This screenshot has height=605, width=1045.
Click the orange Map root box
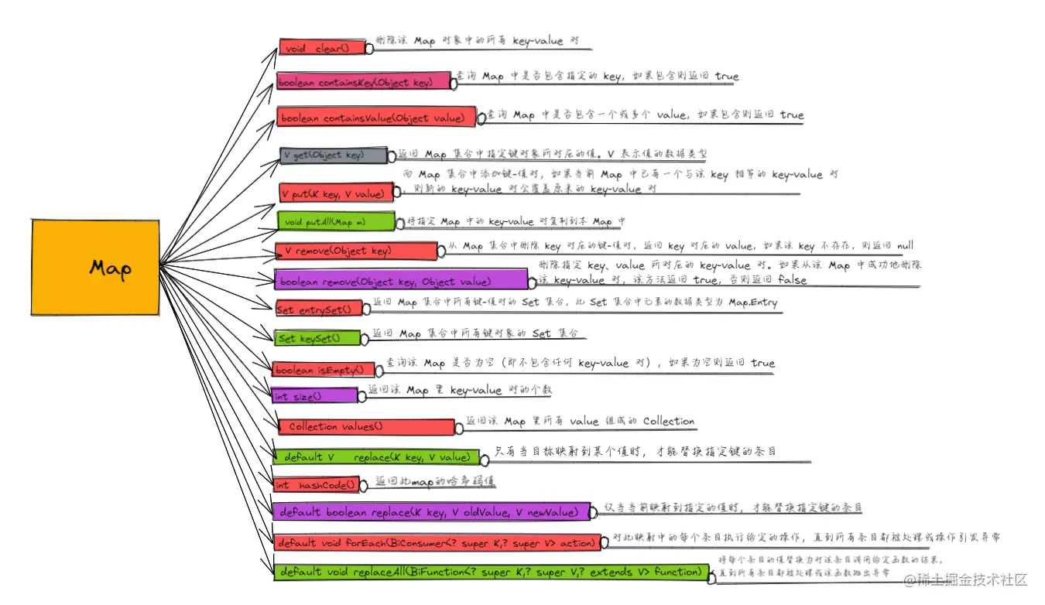tap(95, 267)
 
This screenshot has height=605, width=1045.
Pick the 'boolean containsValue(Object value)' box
tap(376, 118)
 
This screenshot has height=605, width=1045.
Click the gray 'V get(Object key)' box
tap(333, 155)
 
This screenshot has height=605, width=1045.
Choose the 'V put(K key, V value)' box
tap(336, 193)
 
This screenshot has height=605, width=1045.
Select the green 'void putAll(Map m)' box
tap(336, 222)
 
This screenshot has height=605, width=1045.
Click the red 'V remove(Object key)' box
tap(356, 251)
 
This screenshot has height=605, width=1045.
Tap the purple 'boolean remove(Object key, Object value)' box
tap(400, 281)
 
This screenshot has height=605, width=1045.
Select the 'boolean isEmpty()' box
tap(323, 370)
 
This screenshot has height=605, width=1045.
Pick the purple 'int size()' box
tap(314, 396)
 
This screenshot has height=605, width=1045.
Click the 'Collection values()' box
tap(367, 427)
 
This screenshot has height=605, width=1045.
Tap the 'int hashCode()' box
tap(317, 485)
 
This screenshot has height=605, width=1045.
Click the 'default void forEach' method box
tap(437, 543)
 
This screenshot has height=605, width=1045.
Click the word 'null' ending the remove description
tap(904, 246)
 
